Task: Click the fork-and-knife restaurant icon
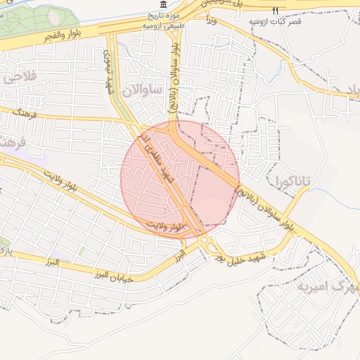pyautogui.click(x=276, y=10)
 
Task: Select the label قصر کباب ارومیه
pyautogui.click(x=276, y=21)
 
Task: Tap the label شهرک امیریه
pyautogui.click(x=328, y=285)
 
